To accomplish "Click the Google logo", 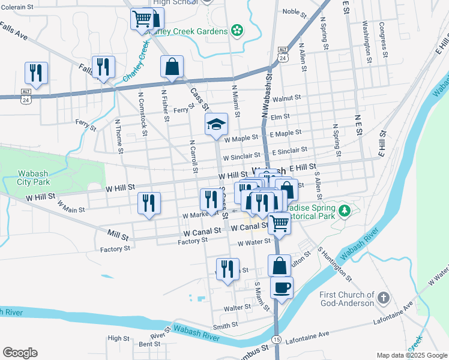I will tap(20, 353).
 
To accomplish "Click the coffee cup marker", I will tap(282, 287).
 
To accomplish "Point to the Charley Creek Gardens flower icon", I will tap(238, 30).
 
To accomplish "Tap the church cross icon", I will tap(384, 298).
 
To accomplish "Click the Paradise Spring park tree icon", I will tap(345, 211).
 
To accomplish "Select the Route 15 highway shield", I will tap(276, 340).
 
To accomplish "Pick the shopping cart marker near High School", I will tap(142, 19).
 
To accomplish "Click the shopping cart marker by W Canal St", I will tap(280, 223).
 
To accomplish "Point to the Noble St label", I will tap(295, 11).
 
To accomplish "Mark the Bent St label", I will tap(149, 344).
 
